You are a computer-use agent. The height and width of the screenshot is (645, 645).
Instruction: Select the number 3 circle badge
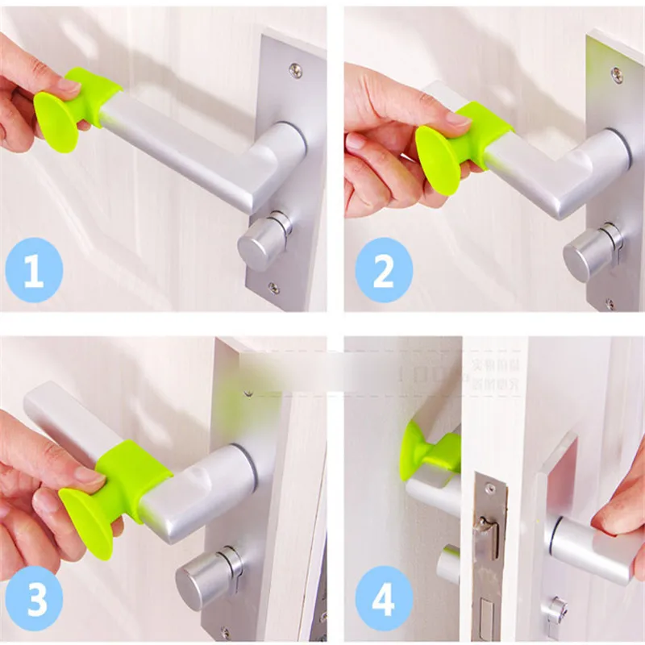click(33, 599)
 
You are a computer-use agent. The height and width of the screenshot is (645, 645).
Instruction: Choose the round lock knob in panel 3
click(206, 576)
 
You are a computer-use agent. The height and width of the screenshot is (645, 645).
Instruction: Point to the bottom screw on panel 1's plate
click(275, 287)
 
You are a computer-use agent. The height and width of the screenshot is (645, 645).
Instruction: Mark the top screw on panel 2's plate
click(617, 75)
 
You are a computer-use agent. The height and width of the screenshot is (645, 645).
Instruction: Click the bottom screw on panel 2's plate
click(610, 304)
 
